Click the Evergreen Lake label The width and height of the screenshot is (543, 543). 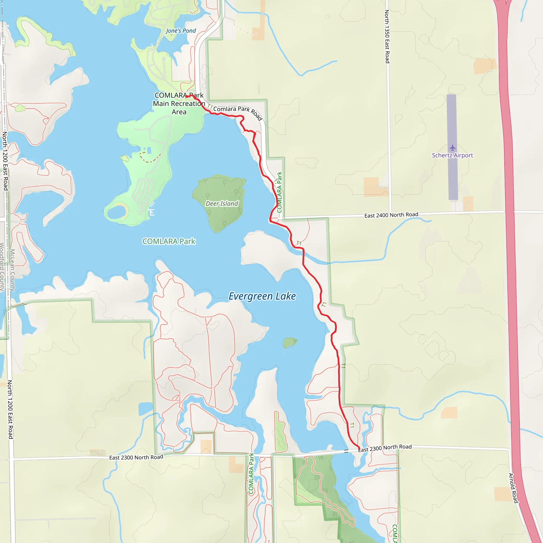262,296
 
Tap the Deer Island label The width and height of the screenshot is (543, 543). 222,203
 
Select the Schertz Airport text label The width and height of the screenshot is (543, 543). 452,155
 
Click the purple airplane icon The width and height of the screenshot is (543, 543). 452,148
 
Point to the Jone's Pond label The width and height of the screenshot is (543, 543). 181,31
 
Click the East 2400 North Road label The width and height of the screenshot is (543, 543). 391,215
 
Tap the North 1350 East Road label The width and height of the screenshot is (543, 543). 387,37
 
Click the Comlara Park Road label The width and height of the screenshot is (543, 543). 238,112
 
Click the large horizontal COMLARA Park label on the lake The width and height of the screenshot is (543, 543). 169,242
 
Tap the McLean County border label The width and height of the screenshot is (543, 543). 12,270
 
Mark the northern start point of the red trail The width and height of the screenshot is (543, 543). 187,97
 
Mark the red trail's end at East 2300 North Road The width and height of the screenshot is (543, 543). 359,448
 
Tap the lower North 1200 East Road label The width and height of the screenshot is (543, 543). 10,409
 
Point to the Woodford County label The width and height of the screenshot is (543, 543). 2,267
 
